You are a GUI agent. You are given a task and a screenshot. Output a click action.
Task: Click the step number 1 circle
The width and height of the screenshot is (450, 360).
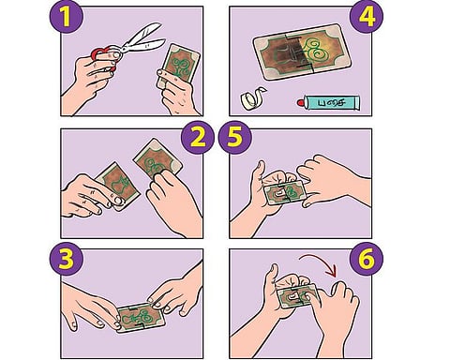[66, 16]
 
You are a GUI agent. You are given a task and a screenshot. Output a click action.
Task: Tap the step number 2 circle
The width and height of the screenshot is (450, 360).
[198, 137]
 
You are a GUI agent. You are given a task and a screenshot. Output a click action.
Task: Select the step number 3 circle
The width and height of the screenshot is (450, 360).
[67, 259]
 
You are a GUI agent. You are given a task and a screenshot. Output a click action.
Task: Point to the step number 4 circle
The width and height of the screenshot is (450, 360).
[367, 17]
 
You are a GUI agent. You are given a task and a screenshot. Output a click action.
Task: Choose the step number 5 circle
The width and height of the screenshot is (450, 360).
[235, 137]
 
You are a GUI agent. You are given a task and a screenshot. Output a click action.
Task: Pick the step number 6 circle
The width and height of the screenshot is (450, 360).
[367, 259]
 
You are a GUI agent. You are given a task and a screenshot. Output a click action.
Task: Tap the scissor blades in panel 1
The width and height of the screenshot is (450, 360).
[143, 39]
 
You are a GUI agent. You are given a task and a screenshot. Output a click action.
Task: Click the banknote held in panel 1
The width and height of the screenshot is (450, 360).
[178, 67]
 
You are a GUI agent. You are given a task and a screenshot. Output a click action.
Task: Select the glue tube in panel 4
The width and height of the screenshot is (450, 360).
[328, 102]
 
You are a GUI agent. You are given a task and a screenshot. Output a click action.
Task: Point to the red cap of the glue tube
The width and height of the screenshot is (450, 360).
[300, 102]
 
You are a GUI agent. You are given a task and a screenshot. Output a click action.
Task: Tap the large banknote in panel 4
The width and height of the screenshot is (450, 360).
[302, 52]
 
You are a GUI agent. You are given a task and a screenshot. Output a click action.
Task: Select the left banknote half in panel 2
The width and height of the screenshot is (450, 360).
[116, 186]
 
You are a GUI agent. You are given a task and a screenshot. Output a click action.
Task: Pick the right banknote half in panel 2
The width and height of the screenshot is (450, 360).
[157, 158]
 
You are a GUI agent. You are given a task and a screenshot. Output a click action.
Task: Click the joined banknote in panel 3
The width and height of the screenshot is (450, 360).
[140, 317]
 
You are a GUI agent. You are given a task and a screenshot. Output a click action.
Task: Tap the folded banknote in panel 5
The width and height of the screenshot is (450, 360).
[284, 192]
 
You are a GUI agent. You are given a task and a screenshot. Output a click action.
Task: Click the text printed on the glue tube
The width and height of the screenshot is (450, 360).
[331, 102]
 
